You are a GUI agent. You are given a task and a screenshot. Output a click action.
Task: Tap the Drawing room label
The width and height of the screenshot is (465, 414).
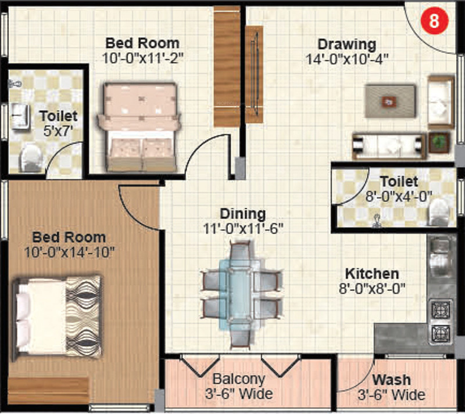click(346, 44)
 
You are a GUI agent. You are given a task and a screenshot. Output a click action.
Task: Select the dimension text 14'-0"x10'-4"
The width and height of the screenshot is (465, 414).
click(347, 58)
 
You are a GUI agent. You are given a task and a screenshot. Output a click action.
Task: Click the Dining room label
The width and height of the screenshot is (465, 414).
click(243, 214)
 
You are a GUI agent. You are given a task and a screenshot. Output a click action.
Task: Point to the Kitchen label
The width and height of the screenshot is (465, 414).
click(372, 273)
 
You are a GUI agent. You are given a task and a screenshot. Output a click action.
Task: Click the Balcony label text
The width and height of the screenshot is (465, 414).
click(239, 379)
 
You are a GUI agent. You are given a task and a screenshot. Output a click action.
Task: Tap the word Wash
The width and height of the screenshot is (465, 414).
click(391, 381)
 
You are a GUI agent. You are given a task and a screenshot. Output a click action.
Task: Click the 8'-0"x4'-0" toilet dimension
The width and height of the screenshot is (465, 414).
click(398, 196)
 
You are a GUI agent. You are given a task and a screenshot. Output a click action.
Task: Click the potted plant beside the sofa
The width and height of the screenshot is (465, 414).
click(439, 141)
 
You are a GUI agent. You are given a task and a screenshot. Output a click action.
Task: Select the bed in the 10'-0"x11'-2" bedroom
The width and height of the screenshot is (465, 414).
click(139, 126)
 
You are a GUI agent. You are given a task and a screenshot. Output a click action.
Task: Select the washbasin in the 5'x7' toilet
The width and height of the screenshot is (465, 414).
click(20, 114)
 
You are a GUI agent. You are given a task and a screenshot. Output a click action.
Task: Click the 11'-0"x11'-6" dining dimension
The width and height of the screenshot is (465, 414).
click(243, 228)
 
